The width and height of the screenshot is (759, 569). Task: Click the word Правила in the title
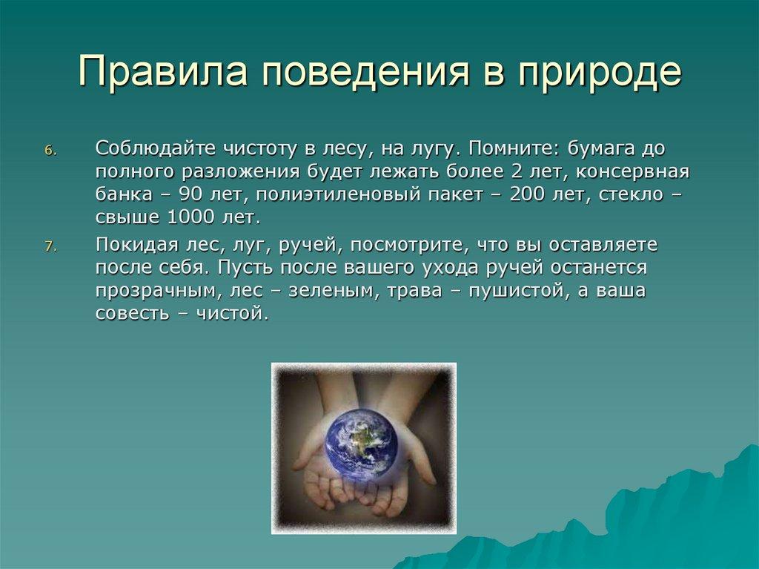coord(163,72)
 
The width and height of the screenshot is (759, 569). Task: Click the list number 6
coord(51,151)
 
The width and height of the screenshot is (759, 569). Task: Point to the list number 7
coord(51,247)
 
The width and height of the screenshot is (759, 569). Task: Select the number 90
coord(190,194)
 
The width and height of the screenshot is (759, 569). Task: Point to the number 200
coord(527,194)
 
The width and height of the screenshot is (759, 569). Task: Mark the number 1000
coord(190,217)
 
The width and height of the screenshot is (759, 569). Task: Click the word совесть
coord(131,315)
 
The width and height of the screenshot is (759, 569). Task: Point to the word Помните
coord(511,149)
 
